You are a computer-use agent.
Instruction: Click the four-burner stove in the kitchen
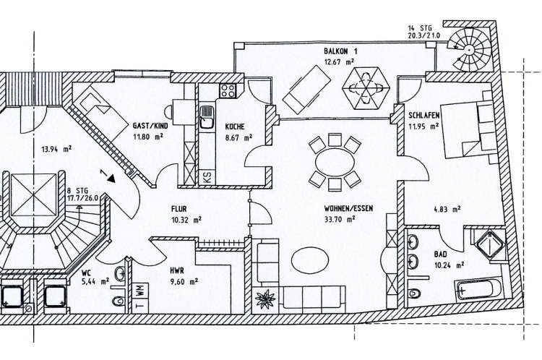click(228, 90)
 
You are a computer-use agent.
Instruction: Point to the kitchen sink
click(207, 117)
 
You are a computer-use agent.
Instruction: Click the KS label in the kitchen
click(207, 177)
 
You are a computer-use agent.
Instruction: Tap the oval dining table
click(335, 162)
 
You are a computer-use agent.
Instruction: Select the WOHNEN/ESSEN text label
click(348, 208)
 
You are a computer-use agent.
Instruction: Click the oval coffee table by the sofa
click(310, 261)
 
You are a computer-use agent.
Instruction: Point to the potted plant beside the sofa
click(265, 299)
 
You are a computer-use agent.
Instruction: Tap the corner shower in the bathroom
click(490, 244)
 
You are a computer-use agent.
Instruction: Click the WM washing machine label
click(140, 290)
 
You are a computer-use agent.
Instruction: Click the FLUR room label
click(179, 209)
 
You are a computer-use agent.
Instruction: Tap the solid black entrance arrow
click(111, 178)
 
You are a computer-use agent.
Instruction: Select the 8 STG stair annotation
click(77, 191)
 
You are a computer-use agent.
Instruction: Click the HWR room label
click(177, 271)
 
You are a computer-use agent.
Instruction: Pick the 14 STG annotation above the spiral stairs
click(420, 28)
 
